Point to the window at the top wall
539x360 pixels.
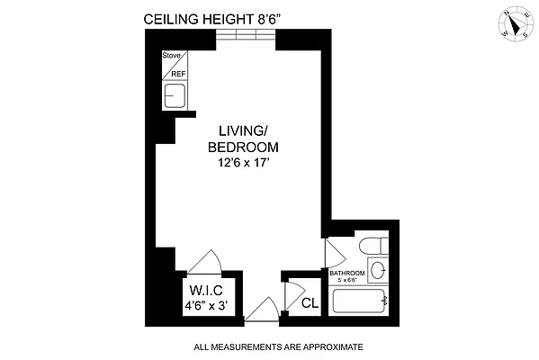pyautogui.click(x=245, y=36)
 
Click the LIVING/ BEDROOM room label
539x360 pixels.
pyautogui.click(x=243, y=139)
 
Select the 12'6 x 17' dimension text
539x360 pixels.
pyautogui.click(x=243, y=164)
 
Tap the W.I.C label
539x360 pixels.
pyautogui.click(x=206, y=290)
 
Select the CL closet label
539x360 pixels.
pyautogui.click(x=309, y=303)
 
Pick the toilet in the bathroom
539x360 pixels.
pyautogui.click(x=370, y=247)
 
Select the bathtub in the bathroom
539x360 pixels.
pyautogui.click(x=360, y=301)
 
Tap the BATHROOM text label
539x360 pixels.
pyautogui.click(x=346, y=273)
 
